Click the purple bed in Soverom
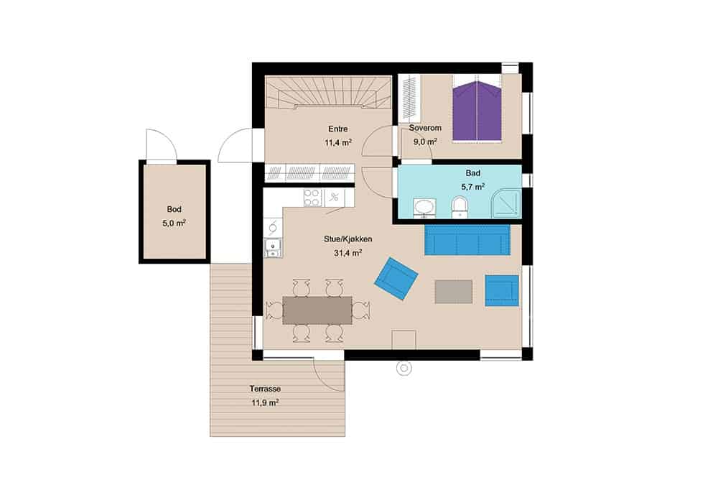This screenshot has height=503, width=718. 477,111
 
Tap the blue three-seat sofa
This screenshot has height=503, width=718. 467,239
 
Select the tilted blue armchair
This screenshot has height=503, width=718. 396,279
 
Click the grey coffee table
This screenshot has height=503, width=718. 453,291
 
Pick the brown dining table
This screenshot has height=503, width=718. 317,310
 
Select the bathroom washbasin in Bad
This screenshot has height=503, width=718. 425,208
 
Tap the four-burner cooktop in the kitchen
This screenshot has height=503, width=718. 312,198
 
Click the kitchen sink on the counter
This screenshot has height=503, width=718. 273,248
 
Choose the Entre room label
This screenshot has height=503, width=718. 338,129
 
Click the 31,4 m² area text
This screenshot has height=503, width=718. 348,252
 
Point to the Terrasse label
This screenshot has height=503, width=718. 265,389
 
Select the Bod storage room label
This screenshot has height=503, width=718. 174,209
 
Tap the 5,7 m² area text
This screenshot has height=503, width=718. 473,186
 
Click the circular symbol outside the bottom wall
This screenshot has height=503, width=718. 404,367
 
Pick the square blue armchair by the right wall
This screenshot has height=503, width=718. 502,290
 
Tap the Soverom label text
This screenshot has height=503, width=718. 425,128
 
